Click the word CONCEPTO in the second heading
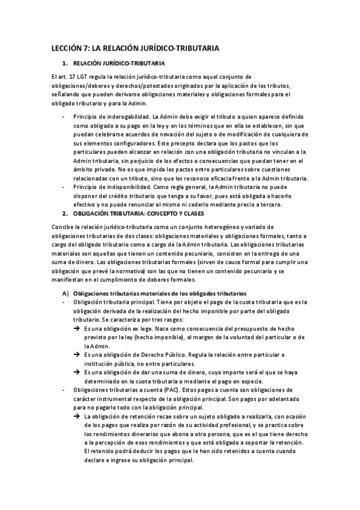[151, 214]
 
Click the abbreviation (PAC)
[160, 390]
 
